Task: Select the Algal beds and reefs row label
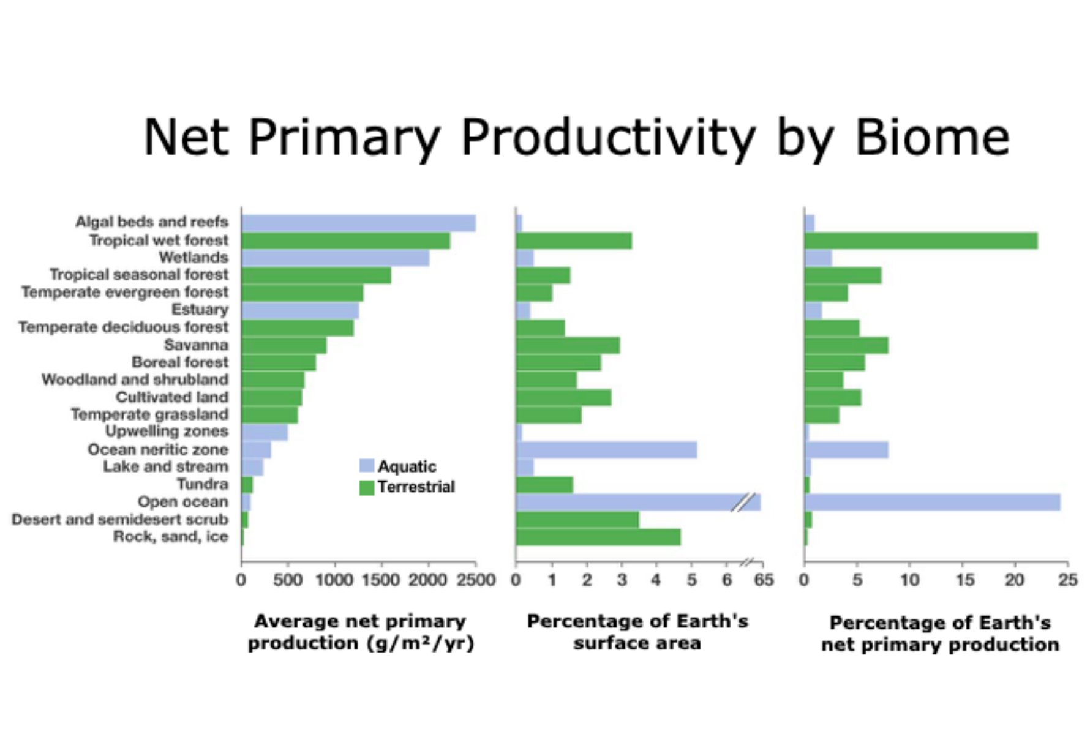click(151, 222)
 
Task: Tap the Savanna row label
click(196, 345)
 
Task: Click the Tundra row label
click(202, 484)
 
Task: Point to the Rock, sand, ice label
click(170, 537)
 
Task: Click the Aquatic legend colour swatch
click(367, 466)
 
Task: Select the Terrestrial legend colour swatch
click(367, 487)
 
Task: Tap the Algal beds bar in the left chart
click(358, 223)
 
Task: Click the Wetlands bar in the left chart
click(335, 258)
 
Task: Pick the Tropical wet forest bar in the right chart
click(920, 241)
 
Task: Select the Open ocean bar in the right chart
click(932, 503)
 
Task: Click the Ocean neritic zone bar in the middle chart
click(606, 450)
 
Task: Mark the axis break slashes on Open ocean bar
click(743, 502)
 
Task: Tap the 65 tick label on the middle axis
click(764, 580)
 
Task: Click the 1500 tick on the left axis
click(380, 580)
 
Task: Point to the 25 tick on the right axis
click(1067, 580)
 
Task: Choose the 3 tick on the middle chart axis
click(622, 580)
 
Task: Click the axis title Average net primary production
click(361, 632)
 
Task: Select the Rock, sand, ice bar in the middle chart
click(598, 537)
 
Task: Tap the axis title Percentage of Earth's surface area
click(637, 632)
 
